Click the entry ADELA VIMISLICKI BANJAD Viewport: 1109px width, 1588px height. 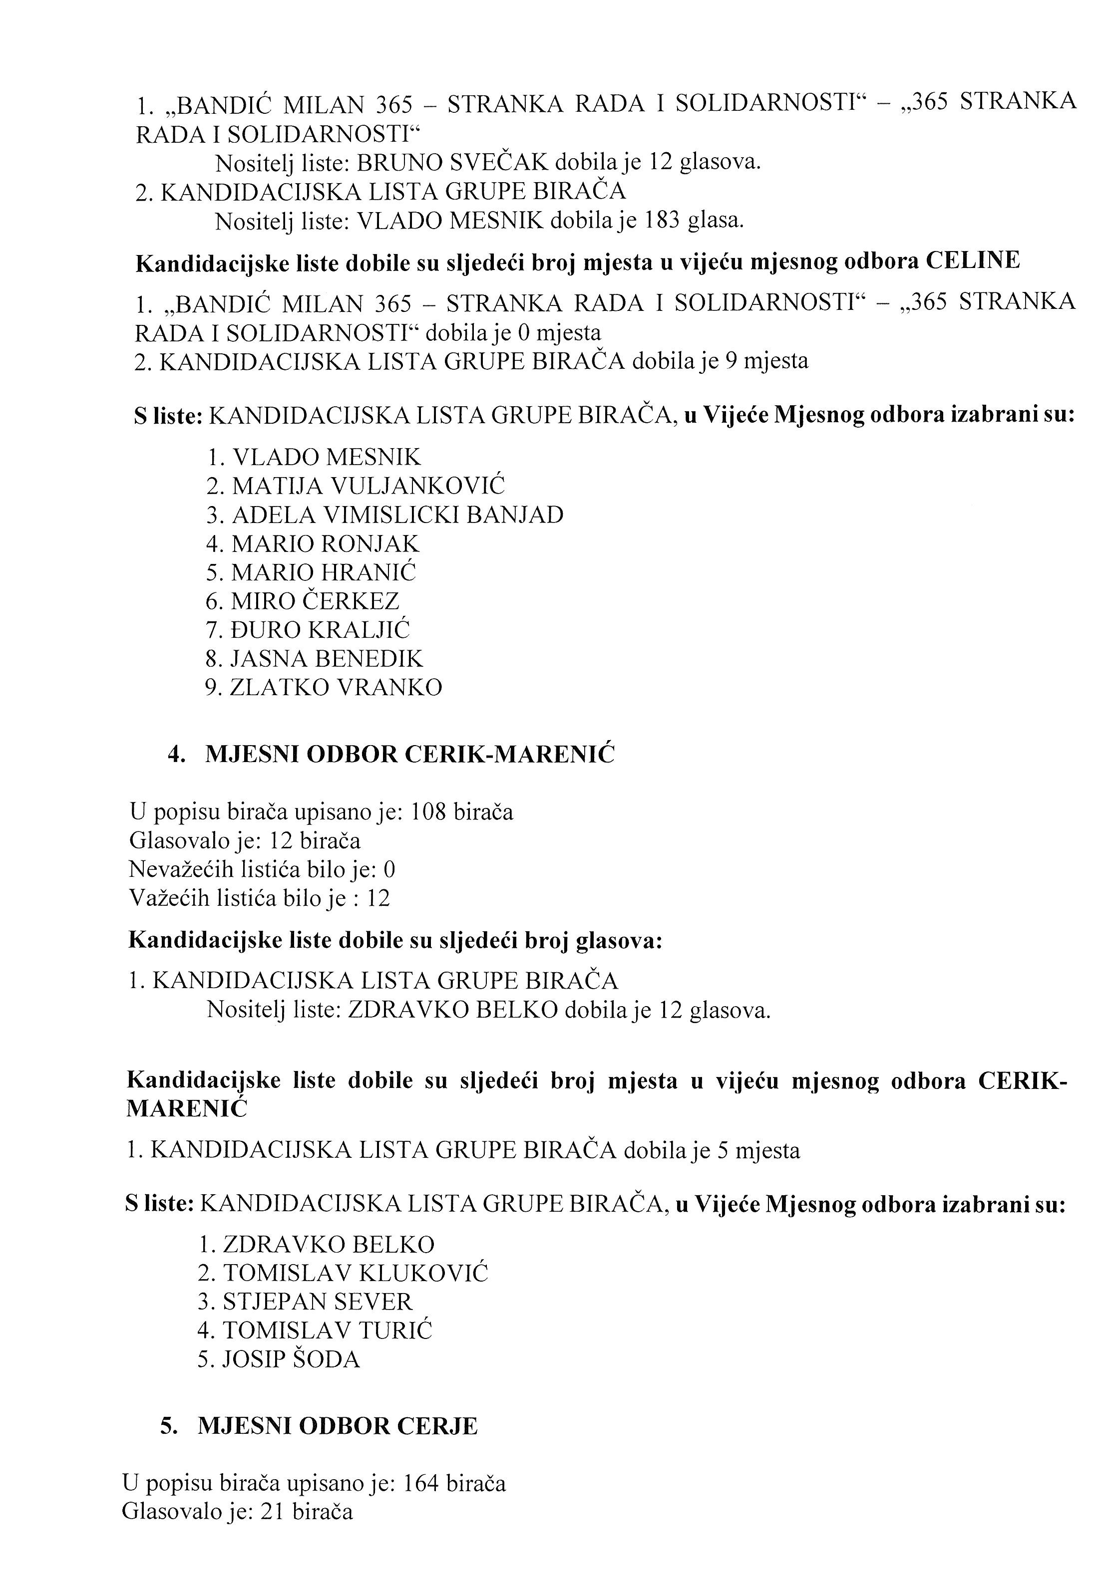[397, 515]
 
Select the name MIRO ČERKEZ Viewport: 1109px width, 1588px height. [315, 601]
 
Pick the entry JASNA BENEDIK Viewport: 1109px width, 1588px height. [327, 658]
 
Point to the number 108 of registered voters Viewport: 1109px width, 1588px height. [429, 812]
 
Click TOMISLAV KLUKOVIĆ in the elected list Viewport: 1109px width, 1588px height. [356, 1273]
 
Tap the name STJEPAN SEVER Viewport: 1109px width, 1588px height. [317, 1302]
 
